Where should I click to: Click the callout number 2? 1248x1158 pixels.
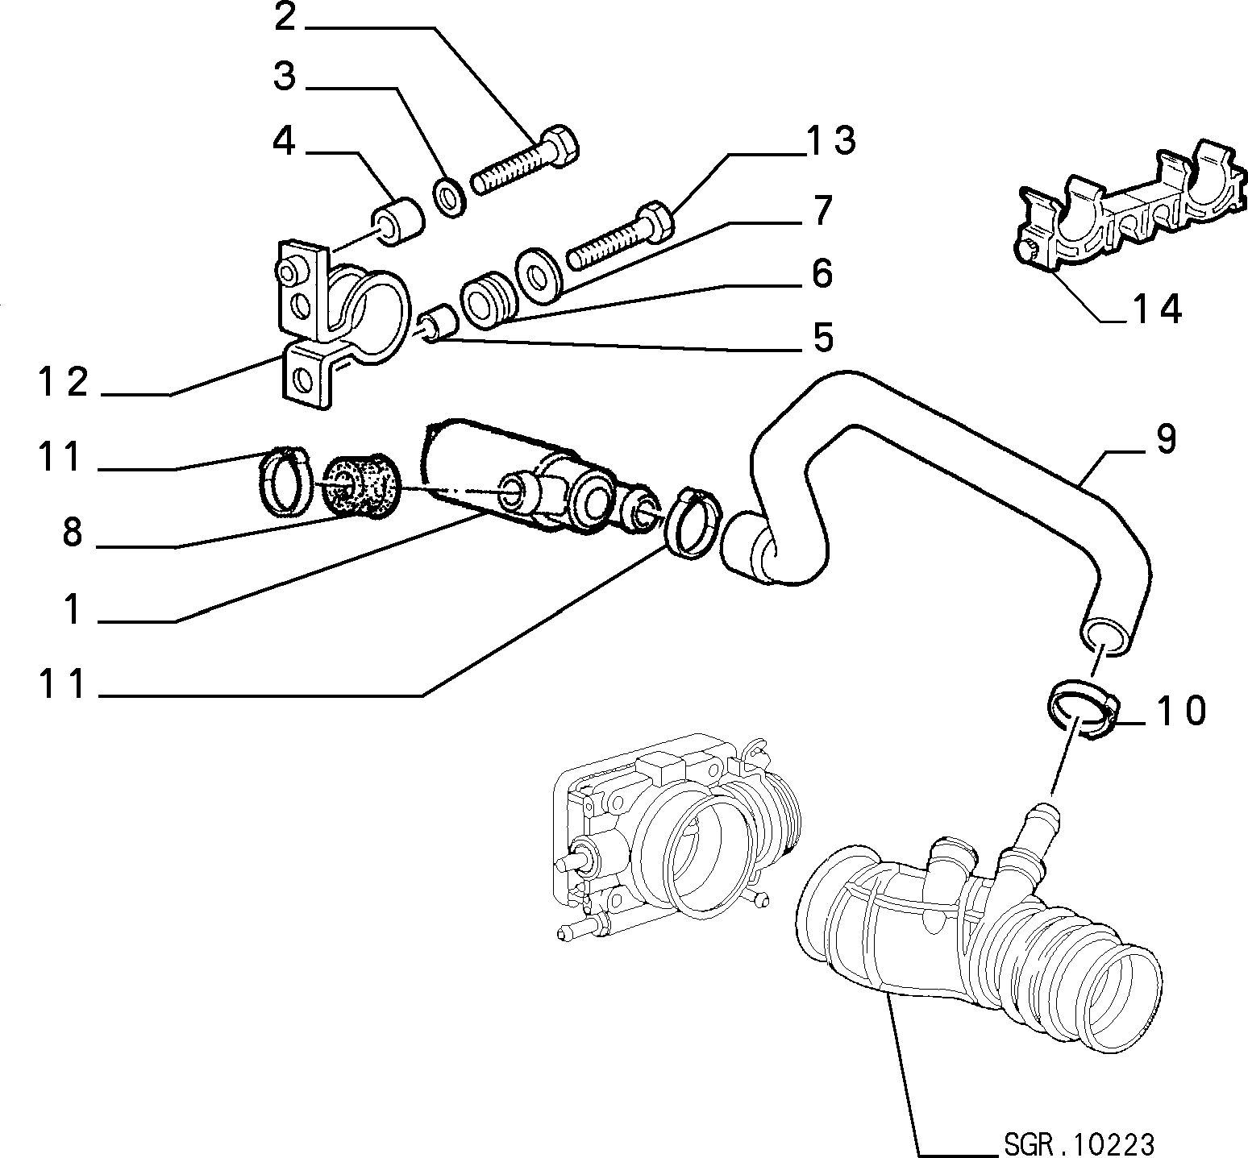(x=285, y=17)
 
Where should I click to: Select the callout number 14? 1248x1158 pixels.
(x=1157, y=309)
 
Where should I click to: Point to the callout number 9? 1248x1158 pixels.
(x=1166, y=438)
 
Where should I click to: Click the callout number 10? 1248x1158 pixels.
(x=1182, y=711)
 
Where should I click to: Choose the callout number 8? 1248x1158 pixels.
(x=73, y=533)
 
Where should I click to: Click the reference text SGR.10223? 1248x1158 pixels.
(x=1079, y=1143)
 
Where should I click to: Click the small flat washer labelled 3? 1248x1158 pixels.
(x=447, y=197)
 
